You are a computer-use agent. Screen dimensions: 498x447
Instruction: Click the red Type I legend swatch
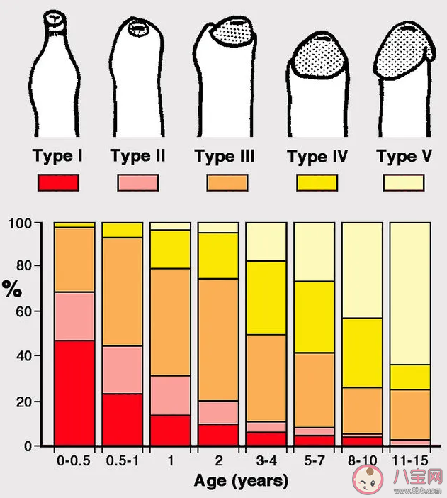(59, 182)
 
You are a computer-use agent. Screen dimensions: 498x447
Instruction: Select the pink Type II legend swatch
(137, 182)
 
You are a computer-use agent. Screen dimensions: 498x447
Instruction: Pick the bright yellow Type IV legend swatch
(317, 182)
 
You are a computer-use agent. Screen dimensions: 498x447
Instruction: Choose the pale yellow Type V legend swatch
(403, 182)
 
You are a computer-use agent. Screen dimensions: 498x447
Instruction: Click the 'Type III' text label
(225, 157)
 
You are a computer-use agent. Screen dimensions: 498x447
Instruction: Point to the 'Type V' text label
(404, 157)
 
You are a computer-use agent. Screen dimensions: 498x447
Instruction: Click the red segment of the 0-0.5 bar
(74, 392)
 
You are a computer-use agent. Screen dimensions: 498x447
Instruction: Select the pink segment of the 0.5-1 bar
(122, 370)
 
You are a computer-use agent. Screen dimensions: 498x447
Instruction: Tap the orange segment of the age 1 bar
(169, 322)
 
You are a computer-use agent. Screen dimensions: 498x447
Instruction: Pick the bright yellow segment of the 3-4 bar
(266, 298)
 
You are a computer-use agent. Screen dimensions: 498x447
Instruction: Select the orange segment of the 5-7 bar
(314, 389)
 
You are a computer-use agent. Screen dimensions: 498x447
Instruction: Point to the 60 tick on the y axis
(44, 311)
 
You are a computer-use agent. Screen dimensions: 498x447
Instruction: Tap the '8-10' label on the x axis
(361, 460)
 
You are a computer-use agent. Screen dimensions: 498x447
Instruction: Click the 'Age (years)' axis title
(242, 482)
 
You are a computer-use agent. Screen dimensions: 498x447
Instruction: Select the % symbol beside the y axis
(12, 289)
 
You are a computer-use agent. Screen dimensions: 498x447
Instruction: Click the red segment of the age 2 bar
(217, 434)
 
